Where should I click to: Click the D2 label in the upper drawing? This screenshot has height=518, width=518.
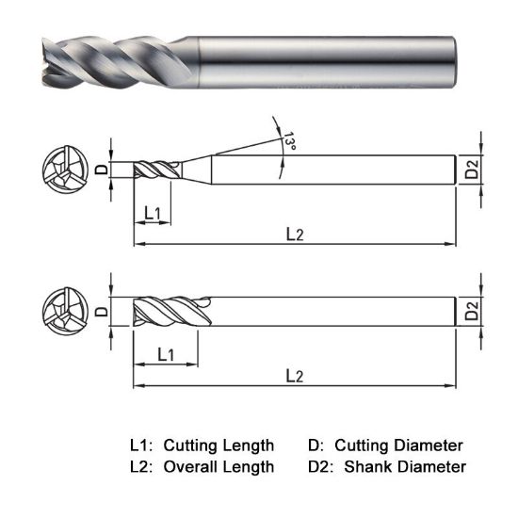pos(472,170)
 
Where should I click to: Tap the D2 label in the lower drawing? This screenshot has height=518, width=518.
pos(472,311)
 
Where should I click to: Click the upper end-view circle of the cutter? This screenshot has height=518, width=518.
pos(64,170)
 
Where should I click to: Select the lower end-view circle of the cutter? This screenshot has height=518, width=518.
pos(64,311)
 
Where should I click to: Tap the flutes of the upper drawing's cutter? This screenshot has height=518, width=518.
pos(154,170)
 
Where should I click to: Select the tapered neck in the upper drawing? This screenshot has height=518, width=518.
pos(193,170)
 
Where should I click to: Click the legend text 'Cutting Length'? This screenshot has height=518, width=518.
pos(219,445)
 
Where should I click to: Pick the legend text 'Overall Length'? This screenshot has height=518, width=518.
pos(219,466)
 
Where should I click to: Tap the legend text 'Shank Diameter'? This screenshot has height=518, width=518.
pos(405,466)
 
